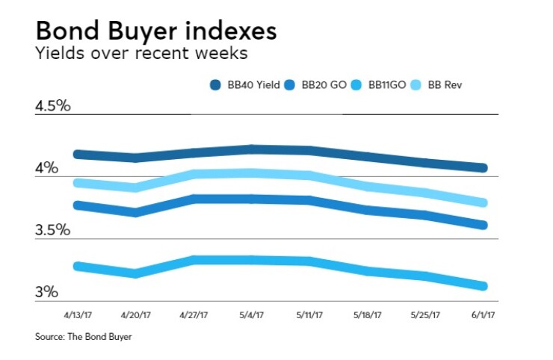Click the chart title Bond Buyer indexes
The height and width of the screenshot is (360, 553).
155,31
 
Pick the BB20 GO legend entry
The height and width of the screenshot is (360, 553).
315,85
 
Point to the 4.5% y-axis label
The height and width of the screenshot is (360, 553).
52,105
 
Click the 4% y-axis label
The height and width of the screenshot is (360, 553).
46,168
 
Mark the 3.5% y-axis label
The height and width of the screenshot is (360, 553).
52,230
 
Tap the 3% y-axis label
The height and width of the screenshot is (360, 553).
46,292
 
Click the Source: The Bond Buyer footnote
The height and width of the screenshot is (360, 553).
83,337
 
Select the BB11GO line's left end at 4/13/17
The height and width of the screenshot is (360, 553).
78,266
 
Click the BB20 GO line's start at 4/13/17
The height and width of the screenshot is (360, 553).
78,205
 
